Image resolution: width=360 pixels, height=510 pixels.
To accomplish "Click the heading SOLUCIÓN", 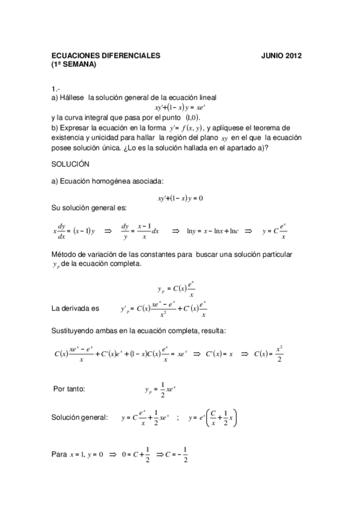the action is point(70,164).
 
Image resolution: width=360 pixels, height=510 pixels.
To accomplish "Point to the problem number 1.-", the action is point(55,88).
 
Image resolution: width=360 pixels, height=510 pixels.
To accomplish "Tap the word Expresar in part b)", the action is point(74,127).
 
